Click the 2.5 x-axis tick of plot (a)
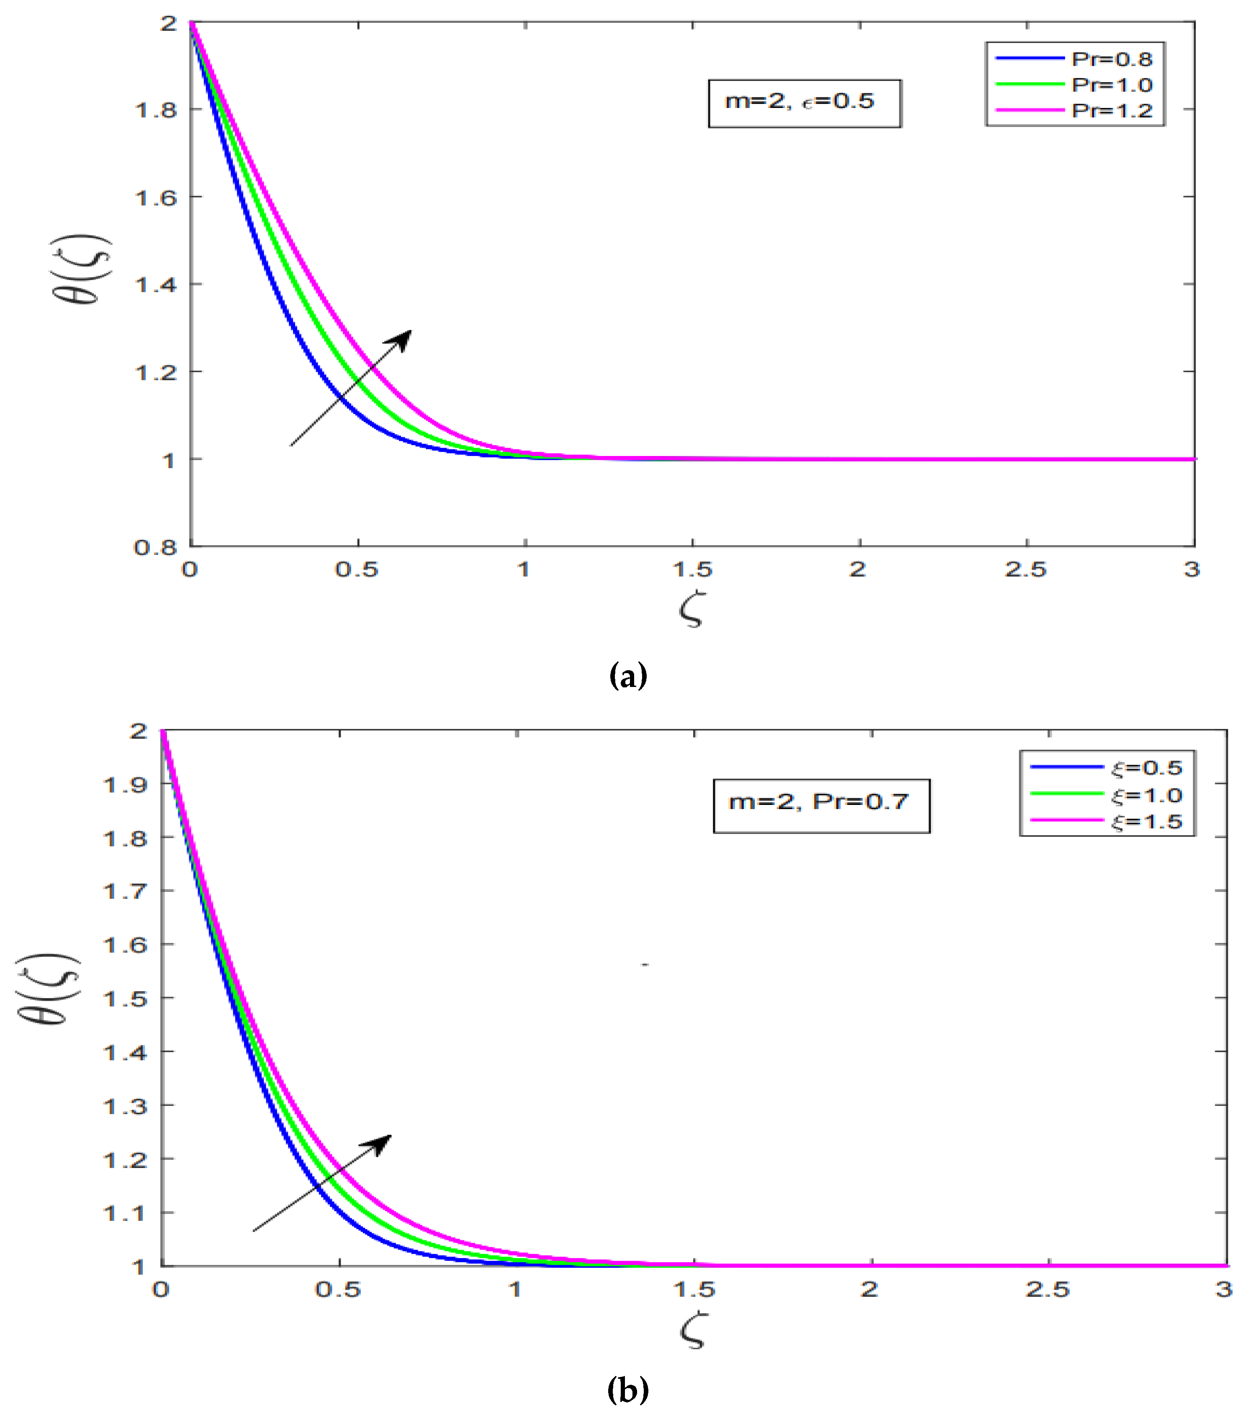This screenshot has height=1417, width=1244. coord(1025,570)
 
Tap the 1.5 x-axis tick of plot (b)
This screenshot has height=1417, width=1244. coord(694,1290)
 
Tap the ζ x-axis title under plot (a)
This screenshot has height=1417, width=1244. coord(691,610)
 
